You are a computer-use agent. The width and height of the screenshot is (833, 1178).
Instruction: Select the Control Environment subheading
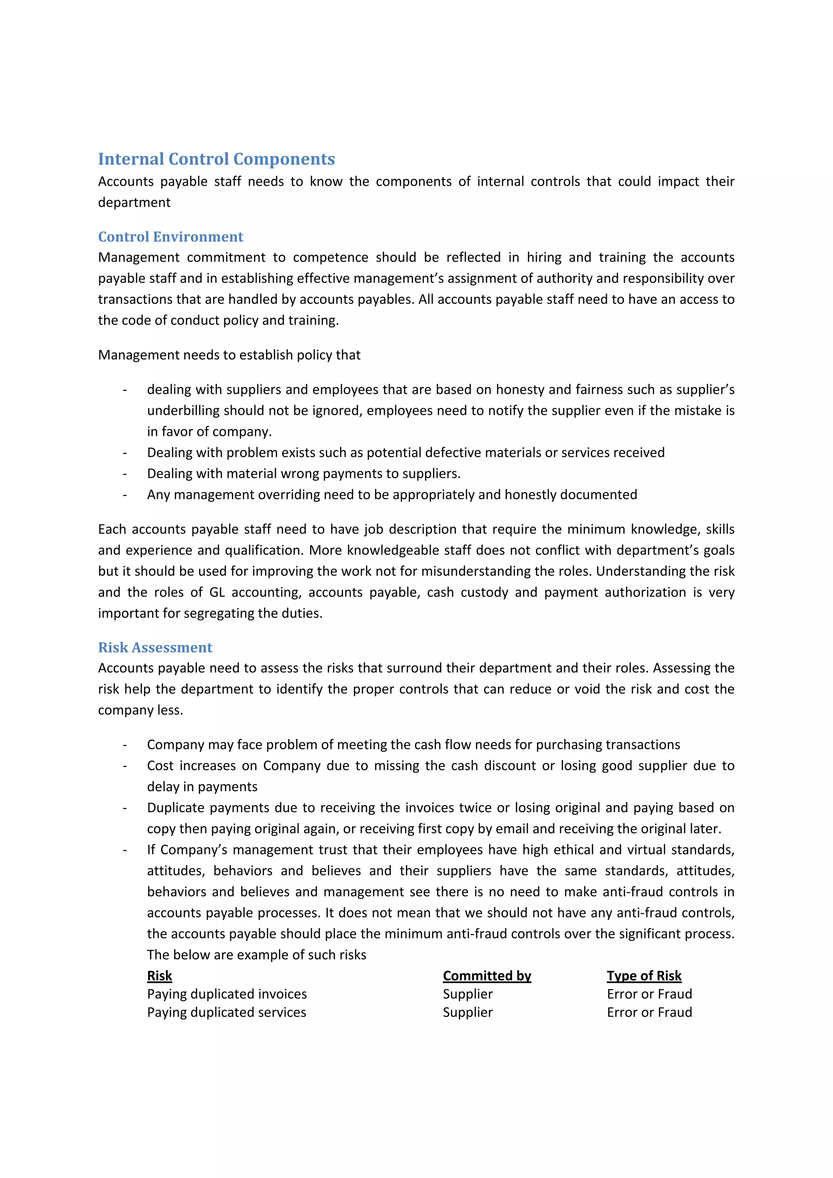[170, 237]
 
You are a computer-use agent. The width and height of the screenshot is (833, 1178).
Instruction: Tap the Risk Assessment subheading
[155, 647]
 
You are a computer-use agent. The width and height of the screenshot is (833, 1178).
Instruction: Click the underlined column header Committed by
[486, 975]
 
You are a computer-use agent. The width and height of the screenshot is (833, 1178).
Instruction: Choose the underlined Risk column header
[159, 975]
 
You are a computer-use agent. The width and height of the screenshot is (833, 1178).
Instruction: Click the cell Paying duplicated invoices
[227, 994]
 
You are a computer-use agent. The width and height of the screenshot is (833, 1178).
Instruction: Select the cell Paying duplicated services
[226, 1012]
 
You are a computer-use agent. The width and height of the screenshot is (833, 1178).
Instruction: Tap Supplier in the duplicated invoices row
[468, 994]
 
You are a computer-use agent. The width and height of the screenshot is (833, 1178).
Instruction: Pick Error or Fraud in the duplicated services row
[649, 1012]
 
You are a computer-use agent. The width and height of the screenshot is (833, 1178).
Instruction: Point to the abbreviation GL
[217, 592]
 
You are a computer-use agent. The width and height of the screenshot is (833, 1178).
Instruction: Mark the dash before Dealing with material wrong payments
[125, 474]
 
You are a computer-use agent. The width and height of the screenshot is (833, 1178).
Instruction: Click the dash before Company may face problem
[125, 745]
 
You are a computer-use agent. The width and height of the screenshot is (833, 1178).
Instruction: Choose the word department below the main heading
[134, 202]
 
